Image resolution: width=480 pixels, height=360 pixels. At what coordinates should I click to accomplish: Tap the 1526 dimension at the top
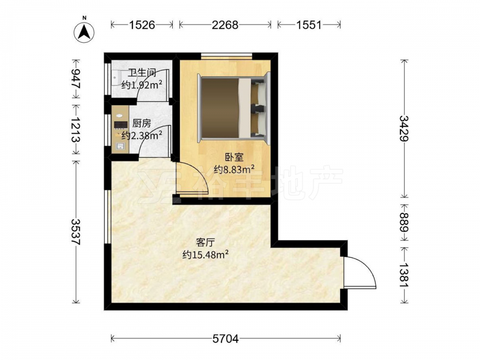pyautogui.click(x=142, y=25)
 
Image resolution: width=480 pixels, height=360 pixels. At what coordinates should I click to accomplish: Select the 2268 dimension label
pyautogui.click(x=225, y=25)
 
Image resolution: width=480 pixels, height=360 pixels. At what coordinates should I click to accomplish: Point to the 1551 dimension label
pyautogui.click(x=309, y=25)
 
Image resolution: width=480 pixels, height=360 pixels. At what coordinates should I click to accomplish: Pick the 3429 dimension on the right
pyautogui.click(x=404, y=128)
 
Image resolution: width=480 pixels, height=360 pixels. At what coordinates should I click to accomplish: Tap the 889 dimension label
pyautogui.click(x=404, y=222)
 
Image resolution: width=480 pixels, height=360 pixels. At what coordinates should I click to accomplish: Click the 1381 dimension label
pyautogui.click(x=404, y=275)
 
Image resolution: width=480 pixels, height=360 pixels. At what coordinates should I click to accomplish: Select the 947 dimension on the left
pyautogui.click(x=76, y=79)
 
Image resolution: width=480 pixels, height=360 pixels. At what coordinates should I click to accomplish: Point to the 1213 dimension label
pyautogui.click(x=76, y=130)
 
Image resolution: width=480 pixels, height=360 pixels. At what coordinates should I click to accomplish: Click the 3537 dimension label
pyautogui.click(x=76, y=232)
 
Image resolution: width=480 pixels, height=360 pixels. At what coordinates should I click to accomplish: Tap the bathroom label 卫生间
pyautogui.click(x=142, y=73)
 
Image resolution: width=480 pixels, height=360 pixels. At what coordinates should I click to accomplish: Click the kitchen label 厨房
pyautogui.click(x=142, y=124)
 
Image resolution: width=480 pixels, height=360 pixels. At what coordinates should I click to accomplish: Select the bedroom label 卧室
pyautogui.click(x=234, y=157)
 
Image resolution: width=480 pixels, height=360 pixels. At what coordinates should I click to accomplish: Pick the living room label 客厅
pyautogui.click(x=205, y=243)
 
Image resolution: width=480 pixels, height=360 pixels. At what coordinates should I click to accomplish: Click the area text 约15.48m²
pyautogui.click(x=205, y=254)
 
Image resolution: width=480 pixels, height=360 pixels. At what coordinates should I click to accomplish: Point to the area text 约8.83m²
pyautogui.click(x=234, y=169)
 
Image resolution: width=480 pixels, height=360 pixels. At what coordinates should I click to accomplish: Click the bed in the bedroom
pyautogui.click(x=234, y=108)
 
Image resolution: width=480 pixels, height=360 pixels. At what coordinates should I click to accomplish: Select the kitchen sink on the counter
pyautogui.click(x=120, y=146)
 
